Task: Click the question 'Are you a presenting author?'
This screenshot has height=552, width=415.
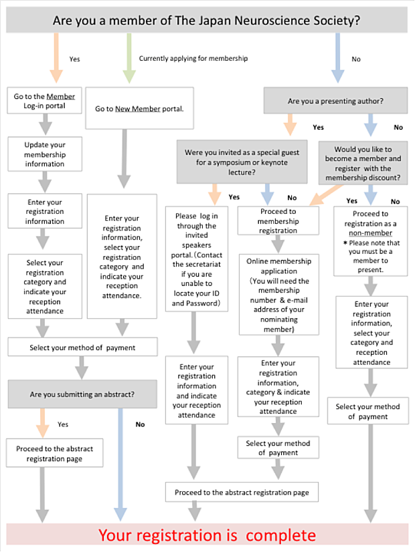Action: click(x=335, y=101)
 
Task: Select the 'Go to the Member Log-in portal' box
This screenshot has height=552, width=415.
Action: click(x=44, y=101)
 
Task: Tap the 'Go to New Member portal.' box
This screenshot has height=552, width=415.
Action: click(x=140, y=108)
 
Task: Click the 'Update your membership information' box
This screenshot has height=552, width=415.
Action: click(x=45, y=154)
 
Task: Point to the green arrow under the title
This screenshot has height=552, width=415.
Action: click(x=129, y=58)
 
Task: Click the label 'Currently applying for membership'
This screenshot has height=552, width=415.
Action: click(x=193, y=58)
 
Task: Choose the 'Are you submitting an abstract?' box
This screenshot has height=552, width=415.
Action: click(x=82, y=394)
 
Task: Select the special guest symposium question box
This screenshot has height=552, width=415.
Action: click(x=242, y=162)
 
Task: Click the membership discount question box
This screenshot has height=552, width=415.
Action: click(x=363, y=163)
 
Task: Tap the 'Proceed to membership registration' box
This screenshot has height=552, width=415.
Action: click(x=278, y=221)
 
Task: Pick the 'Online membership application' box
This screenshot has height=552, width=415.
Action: click(x=279, y=295)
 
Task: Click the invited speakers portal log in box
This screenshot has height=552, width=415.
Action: click(x=197, y=259)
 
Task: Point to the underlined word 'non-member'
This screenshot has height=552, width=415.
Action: click(x=371, y=233)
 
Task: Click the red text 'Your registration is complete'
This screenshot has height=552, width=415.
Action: click(x=207, y=535)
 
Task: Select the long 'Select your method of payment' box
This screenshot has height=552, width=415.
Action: click(x=82, y=347)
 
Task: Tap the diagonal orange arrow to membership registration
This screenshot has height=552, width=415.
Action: click(x=326, y=194)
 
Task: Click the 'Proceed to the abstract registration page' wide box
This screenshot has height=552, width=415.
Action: click(x=242, y=492)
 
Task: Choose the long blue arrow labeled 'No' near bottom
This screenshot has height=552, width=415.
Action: click(x=120, y=464)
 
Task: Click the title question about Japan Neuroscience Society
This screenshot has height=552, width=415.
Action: click(x=207, y=20)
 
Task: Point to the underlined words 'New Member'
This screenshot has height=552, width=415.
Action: click(x=138, y=109)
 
